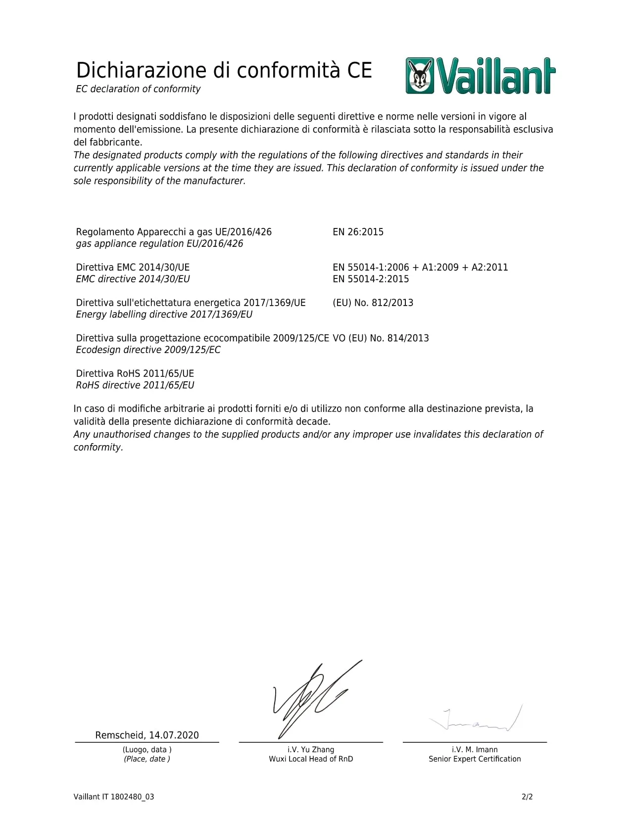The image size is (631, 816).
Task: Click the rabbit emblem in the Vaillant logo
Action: point(420,76)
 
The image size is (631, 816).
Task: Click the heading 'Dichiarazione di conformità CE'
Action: point(224,70)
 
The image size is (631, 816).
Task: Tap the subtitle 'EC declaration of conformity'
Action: point(138,89)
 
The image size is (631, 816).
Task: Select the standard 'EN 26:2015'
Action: point(358,232)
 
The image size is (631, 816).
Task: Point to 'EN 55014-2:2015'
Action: point(371,279)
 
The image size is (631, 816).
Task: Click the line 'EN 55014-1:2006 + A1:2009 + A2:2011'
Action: point(420,268)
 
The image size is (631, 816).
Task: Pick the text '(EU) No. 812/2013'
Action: point(373,303)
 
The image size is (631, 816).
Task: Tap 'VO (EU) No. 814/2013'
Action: point(381,338)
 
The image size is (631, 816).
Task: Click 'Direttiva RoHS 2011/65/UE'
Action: point(135,373)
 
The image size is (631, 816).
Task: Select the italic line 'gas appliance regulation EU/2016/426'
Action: point(159,244)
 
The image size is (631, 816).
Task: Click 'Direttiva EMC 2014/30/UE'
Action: point(133,268)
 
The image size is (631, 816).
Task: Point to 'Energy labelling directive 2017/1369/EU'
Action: point(164,315)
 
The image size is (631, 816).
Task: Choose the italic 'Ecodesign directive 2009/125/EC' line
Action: point(148,350)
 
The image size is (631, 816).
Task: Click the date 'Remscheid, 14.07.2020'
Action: point(147,735)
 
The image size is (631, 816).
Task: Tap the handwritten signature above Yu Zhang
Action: point(312,697)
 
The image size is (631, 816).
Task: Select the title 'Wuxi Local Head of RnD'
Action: point(311,759)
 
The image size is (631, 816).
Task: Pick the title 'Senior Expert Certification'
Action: point(475,759)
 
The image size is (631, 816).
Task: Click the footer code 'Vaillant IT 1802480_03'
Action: point(114,797)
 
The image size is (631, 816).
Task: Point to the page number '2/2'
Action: point(527,797)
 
